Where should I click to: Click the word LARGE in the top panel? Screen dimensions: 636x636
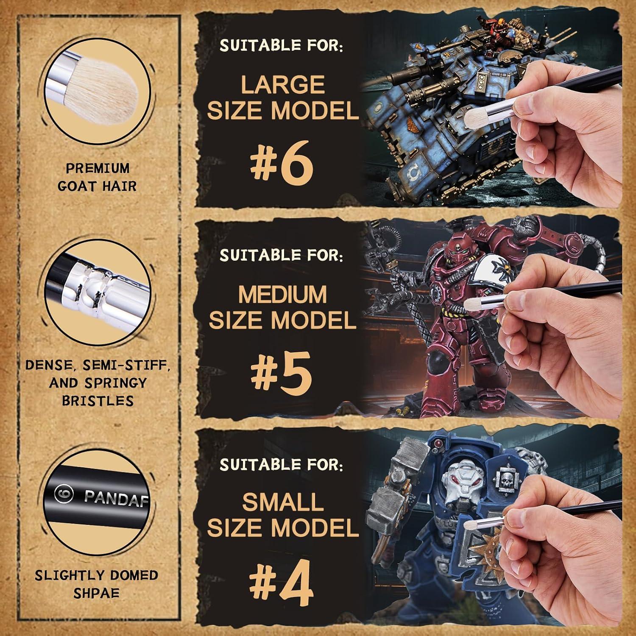(x=283, y=84)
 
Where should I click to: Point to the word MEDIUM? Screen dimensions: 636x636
(x=282, y=294)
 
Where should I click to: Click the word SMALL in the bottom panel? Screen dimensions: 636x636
(x=283, y=502)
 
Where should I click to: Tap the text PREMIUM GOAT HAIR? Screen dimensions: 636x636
(x=97, y=177)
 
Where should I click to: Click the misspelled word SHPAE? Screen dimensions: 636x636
(x=97, y=593)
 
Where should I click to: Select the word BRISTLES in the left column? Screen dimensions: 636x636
(x=98, y=400)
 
